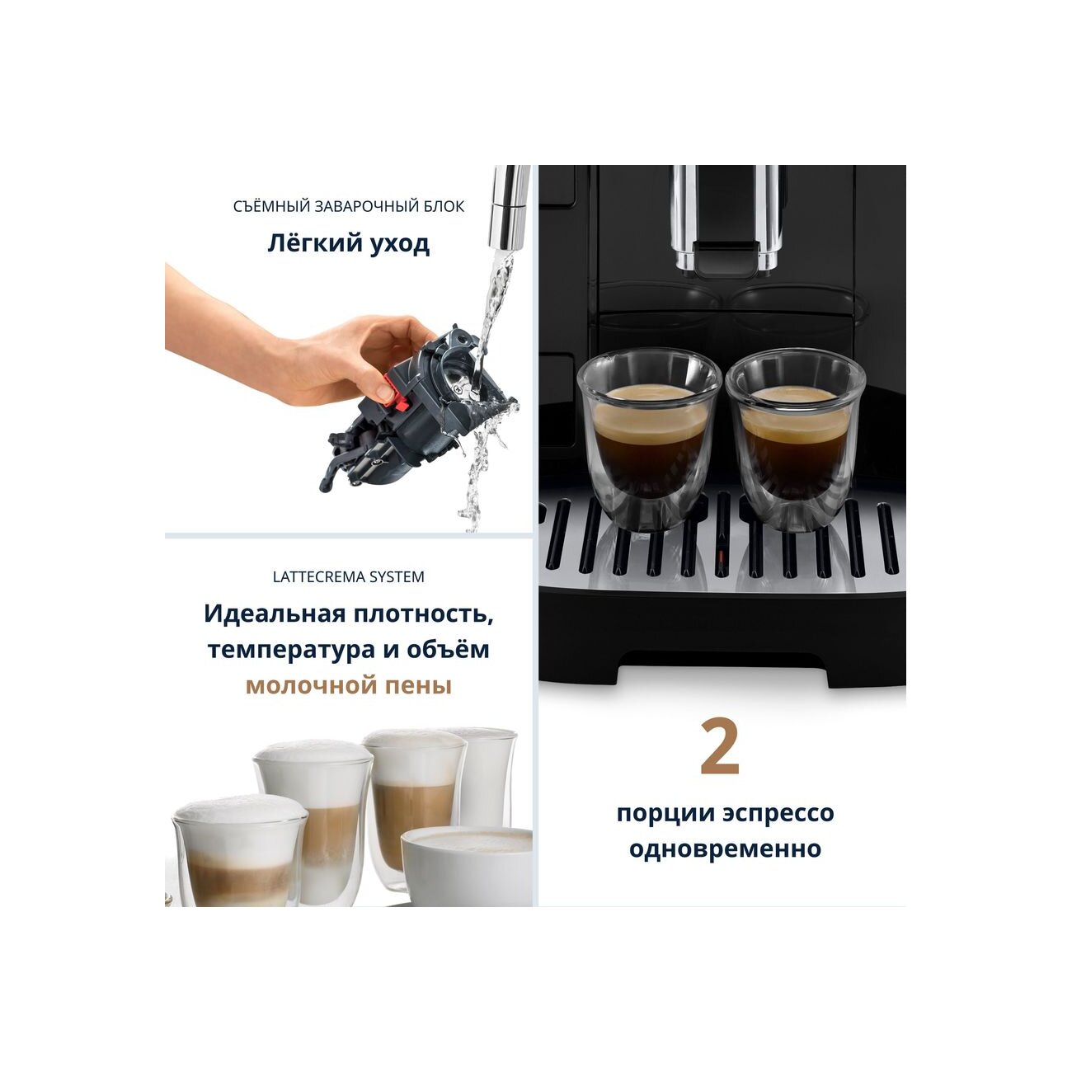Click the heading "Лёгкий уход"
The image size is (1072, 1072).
click(348, 244)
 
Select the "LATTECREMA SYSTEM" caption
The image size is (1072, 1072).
click(348, 577)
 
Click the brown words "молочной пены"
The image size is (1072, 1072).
click(348, 686)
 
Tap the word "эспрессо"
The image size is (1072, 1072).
click(778, 813)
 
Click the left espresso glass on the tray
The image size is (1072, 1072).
click(649, 440)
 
